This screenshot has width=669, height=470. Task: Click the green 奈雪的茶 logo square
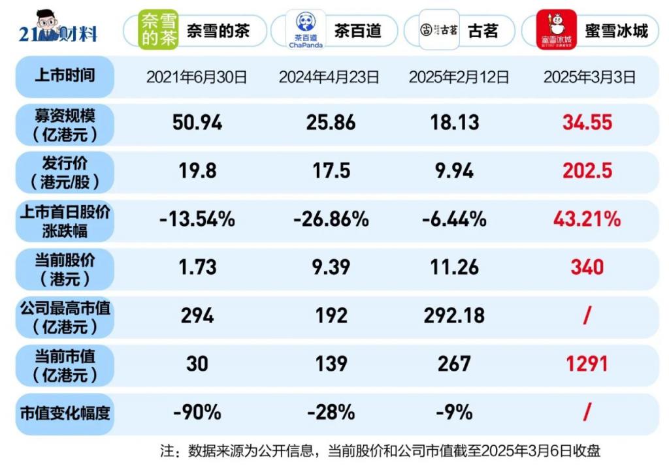tap(159, 30)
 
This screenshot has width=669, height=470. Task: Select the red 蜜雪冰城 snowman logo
tap(556, 30)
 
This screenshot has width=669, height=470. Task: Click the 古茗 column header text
tap(483, 31)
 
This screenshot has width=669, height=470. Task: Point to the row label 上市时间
tap(65, 76)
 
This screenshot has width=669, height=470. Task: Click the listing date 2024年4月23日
tap(329, 77)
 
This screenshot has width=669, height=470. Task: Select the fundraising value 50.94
tap(197, 122)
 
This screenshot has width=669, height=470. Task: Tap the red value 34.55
tap(587, 122)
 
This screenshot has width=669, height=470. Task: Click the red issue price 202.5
tap(587, 170)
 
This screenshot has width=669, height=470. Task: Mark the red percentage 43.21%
tap(587, 219)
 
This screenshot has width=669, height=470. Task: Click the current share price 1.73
tap(197, 267)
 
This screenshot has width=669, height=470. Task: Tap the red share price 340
tap(587, 267)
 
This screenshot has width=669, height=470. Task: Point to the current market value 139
tap(331, 364)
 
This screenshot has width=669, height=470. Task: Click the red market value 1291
tap(587, 364)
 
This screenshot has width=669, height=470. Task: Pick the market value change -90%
tap(197, 412)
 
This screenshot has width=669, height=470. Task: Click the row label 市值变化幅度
tap(65, 413)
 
